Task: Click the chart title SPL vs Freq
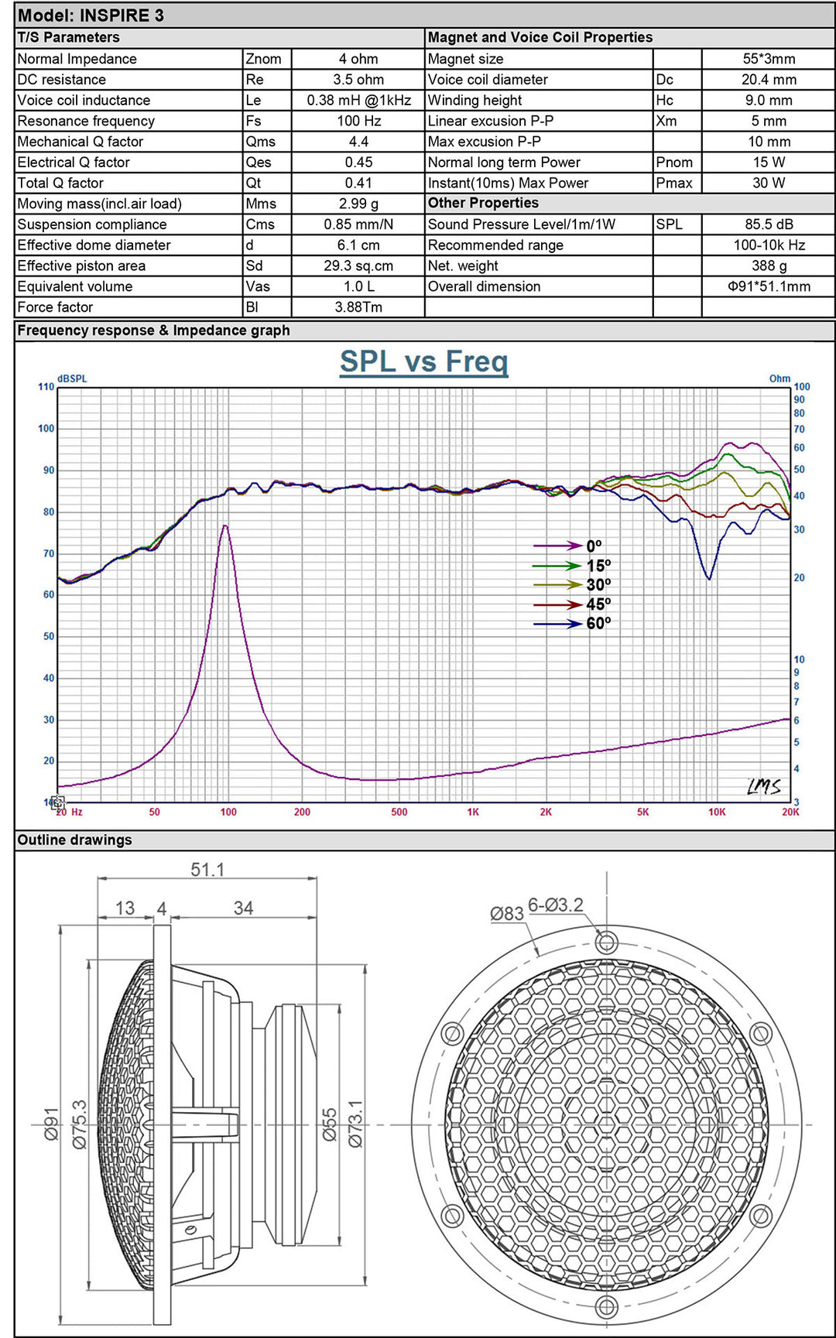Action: [x=423, y=362]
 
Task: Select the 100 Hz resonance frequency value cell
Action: [x=358, y=121]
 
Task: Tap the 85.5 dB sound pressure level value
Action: [x=769, y=224]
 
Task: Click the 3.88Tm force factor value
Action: [x=358, y=307]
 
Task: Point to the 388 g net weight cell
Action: [x=769, y=265]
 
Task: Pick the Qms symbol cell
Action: [x=261, y=142]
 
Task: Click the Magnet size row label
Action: [x=466, y=59]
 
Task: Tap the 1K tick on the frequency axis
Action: [x=473, y=812]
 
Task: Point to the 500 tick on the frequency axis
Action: [x=399, y=812]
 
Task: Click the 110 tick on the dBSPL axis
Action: [x=46, y=387]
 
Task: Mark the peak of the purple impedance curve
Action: [x=224, y=526]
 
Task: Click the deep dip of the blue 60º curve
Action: [x=708, y=578]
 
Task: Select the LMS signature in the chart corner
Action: [x=763, y=787]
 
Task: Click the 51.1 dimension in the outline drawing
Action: [x=207, y=870]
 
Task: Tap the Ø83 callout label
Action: [x=507, y=914]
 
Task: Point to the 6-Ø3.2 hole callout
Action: [x=556, y=905]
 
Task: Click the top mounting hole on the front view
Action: [x=607, y=942]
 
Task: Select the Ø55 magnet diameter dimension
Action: [x=330, y=1124]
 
